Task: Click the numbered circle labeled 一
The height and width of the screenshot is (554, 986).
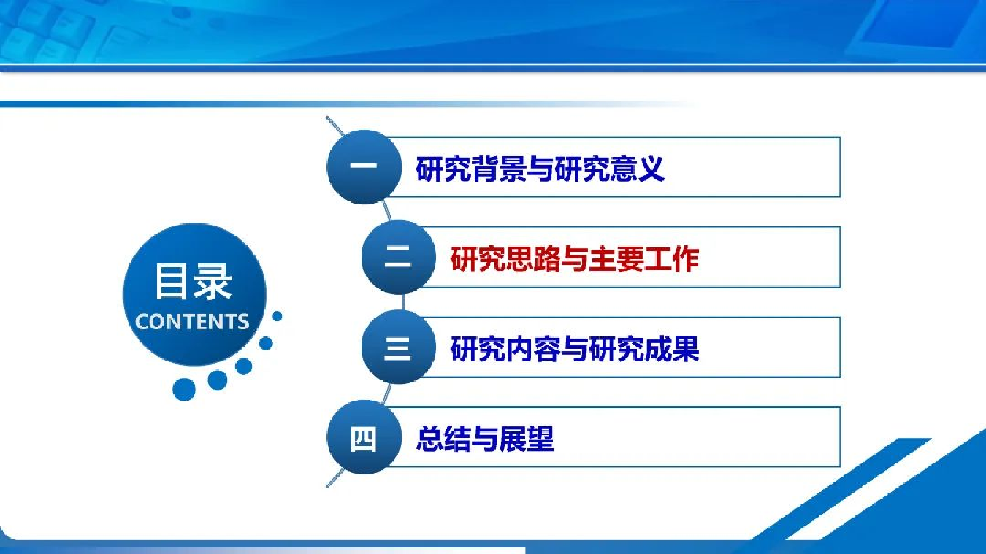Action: pos(364,166)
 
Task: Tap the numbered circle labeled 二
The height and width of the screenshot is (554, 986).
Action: pos(398,257)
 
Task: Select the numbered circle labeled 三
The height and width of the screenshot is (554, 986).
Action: pos(398,347)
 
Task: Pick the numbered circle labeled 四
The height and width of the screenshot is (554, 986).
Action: pos(364,437)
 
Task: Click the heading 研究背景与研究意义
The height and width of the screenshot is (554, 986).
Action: pos(540,169)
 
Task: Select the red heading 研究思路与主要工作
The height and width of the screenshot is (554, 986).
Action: pos(574,258)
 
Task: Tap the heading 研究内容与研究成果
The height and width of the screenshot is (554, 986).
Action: pos(574,349)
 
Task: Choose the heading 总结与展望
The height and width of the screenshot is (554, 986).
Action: pos(485,439)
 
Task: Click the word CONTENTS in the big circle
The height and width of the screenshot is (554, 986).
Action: pos(192,322)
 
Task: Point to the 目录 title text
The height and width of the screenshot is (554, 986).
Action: pos(193,282)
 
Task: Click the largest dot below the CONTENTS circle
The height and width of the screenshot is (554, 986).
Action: pos(184,390)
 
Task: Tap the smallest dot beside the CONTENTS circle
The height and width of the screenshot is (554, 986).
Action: pos(278,316)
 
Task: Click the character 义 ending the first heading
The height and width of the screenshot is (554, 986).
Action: pos(650,169)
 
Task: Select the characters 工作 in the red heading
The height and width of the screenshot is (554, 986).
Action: pos(672,258)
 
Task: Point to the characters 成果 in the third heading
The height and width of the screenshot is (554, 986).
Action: pos(672,349)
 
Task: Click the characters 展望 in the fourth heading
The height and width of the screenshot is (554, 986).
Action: pos(527,439)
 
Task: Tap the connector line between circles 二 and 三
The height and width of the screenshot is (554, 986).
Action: pos(404,302)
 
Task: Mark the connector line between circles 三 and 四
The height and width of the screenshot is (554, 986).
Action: pos(386,393)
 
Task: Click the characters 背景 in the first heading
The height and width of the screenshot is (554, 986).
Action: pos(498,169)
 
